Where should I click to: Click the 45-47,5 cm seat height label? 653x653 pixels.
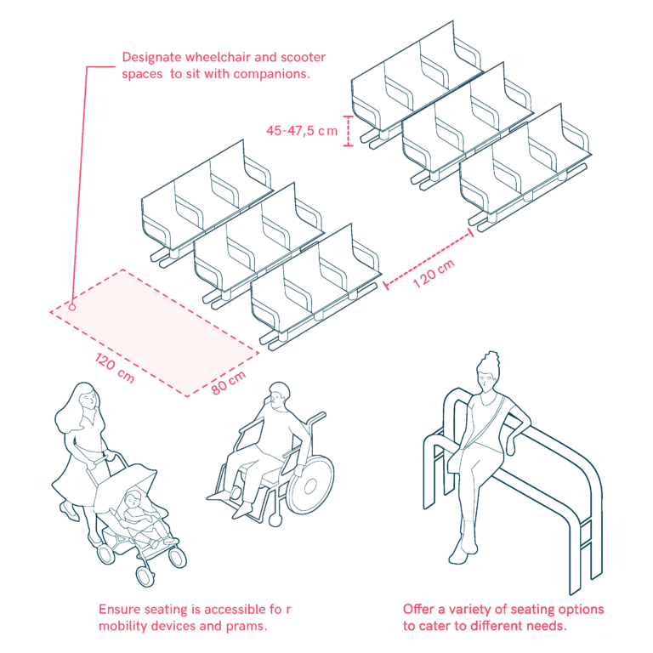pos(302,131)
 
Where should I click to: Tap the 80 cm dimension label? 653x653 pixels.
pos(228,383)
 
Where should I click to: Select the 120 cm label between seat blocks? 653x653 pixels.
pos(434,273)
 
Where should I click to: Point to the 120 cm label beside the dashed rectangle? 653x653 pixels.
pos(115,367)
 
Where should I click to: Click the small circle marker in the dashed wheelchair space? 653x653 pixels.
pos(72,307)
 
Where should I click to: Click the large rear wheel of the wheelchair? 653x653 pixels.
pos(310,485)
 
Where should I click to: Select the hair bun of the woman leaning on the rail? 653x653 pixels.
pos(491,357)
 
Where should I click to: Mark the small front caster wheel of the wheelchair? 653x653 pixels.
pos(274,520)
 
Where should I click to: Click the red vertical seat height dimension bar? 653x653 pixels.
pos(348,131)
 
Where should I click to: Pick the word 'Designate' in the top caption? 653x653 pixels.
pos(151,57)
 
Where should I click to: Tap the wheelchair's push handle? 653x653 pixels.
pos(316,417)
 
